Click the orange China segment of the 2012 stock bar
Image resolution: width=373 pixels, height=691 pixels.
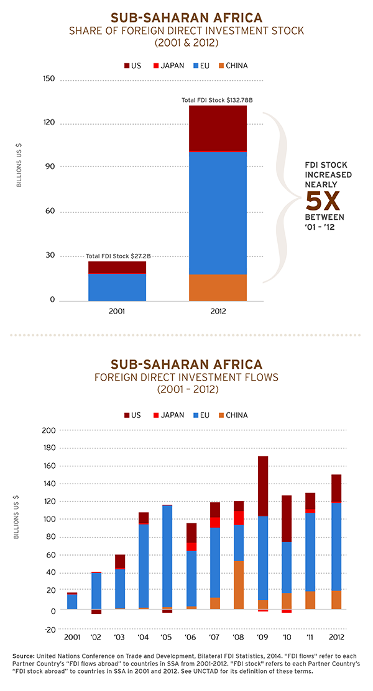click(218, 287)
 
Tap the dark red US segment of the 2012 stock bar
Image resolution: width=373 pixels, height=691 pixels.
click(218, 128)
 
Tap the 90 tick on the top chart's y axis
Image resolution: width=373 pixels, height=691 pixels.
click(49, 166)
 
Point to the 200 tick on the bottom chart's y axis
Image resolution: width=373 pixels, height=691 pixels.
click(49, 430)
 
